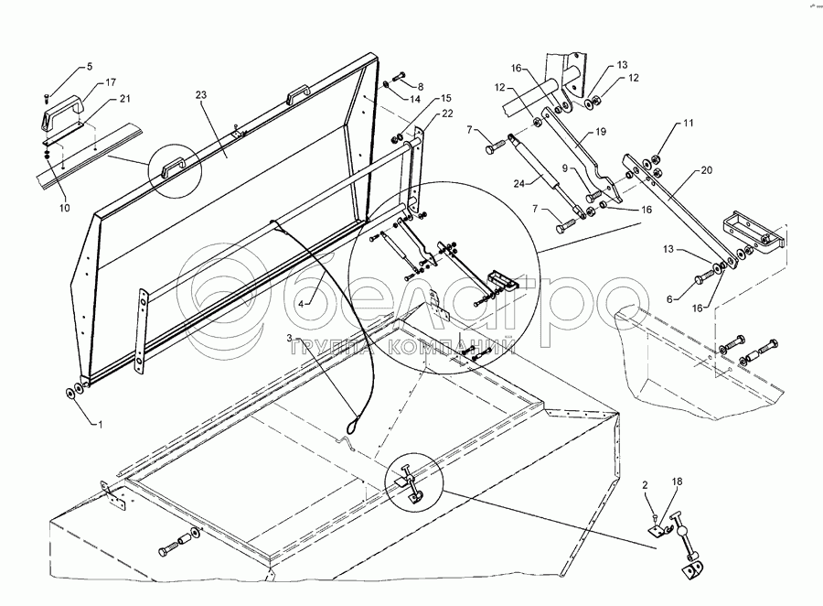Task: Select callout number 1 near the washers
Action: point(101,425)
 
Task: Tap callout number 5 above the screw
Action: point(90,67)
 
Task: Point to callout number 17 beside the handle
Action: point(111,83)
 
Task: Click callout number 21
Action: point(124,98)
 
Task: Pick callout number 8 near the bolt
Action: point(420,85)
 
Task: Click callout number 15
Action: point(446,98)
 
